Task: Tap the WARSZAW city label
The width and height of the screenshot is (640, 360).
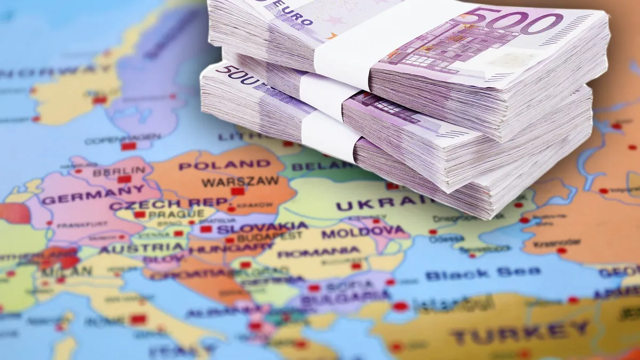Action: tap(240, 181)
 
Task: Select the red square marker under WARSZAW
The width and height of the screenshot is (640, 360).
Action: tap(238, 191)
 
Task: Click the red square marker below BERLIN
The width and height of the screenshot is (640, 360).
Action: tap(124, 179)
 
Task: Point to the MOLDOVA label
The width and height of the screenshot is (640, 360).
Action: tap(364, 232)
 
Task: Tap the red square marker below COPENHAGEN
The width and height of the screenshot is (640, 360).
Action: tap(128, 146)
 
